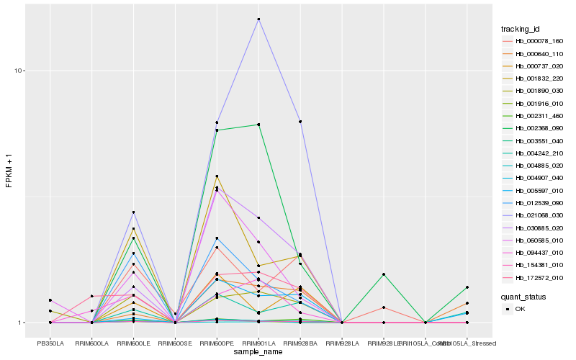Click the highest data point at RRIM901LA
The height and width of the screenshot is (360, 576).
click(x=258, y=19)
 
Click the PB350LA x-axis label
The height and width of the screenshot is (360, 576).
click(x=50, y=343)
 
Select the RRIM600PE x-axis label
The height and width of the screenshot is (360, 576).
click(x=217, y=343)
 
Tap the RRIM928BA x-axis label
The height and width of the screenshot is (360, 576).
click(x=300, y=343)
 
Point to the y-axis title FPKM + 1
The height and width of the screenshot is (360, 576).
click(x=9, y=171)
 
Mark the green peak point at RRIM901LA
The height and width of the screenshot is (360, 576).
click(x=258, y=124)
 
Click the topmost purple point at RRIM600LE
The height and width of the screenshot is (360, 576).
click(x=133, y=212)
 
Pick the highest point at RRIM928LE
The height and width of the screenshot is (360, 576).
click(x=384, y=274)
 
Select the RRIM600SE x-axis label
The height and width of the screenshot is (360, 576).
click(x=175, y=343)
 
